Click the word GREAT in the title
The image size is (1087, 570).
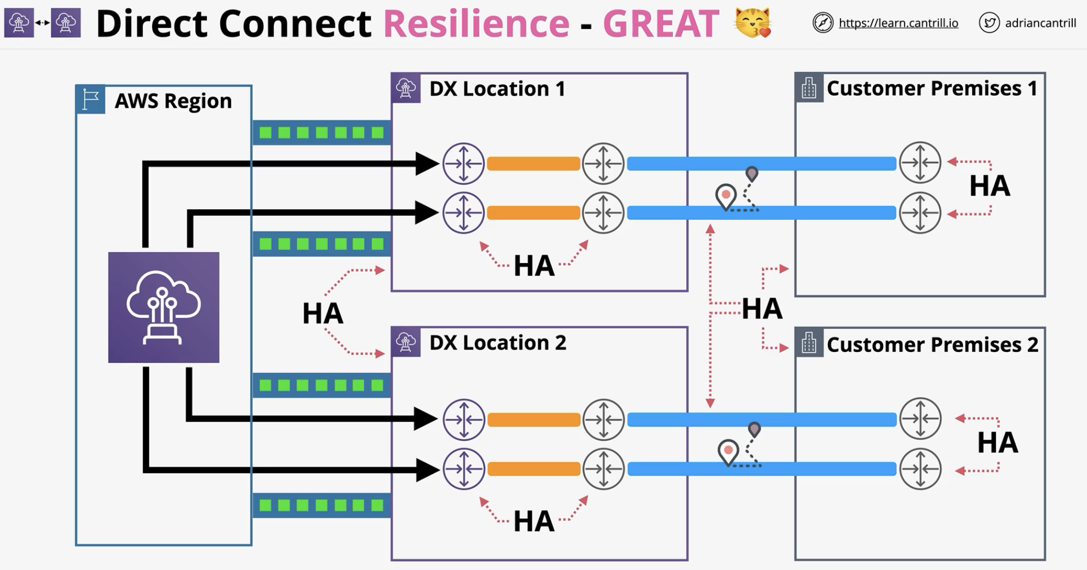pos(661,24)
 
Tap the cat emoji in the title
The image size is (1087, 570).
pos(753,23)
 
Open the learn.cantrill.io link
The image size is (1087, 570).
pos(898,23)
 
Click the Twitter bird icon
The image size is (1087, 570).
pos(989,23)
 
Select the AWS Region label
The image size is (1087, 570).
pos(173,101)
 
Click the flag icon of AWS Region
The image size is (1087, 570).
pos(91,99)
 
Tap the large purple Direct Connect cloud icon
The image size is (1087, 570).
pos(164,308)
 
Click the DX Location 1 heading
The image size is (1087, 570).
pos(497,88)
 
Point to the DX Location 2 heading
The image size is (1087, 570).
pos(497,343)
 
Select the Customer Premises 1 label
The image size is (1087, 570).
pos(932,88)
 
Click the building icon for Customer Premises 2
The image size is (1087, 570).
pos(809,343)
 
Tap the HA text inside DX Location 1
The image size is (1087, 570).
pos(534,266)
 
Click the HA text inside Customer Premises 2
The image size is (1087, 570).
pos(998,443)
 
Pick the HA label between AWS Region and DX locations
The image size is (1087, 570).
pos(323,314)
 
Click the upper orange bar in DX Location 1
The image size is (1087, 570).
pos(534,164)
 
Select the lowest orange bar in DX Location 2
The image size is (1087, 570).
pos(534,469)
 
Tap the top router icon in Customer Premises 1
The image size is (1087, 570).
pos(920,163)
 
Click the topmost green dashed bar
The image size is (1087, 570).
pos(322,132)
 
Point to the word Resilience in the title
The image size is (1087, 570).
pos(476,24)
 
